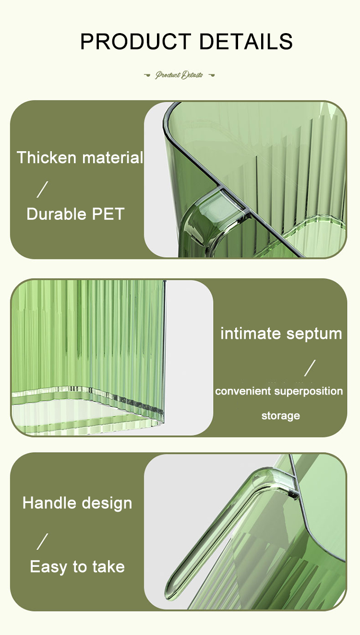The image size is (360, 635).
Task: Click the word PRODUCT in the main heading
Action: click(x=135, y=41)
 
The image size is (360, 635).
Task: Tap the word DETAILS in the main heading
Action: click(x=246, y=41)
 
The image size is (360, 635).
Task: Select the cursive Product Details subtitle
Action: click(x=179, y=75)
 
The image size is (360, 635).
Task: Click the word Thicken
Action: click(x=47, y=157)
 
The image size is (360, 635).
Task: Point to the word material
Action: click(x=112, y=157)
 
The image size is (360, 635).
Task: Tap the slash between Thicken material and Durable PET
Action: click(x=42, y=190)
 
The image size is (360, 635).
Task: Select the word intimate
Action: click(x=251, y=334)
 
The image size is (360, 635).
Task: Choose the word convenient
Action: click(x=243, y=391)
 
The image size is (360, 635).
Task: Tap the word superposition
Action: click(x=309, y=392)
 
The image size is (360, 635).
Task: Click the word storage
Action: click(x=281, y=416)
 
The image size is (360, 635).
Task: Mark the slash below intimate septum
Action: click(x=310, y=368)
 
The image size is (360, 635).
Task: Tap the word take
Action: click(x=108, y=567)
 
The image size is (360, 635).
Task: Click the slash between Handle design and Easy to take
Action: click(x=42, y=541)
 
